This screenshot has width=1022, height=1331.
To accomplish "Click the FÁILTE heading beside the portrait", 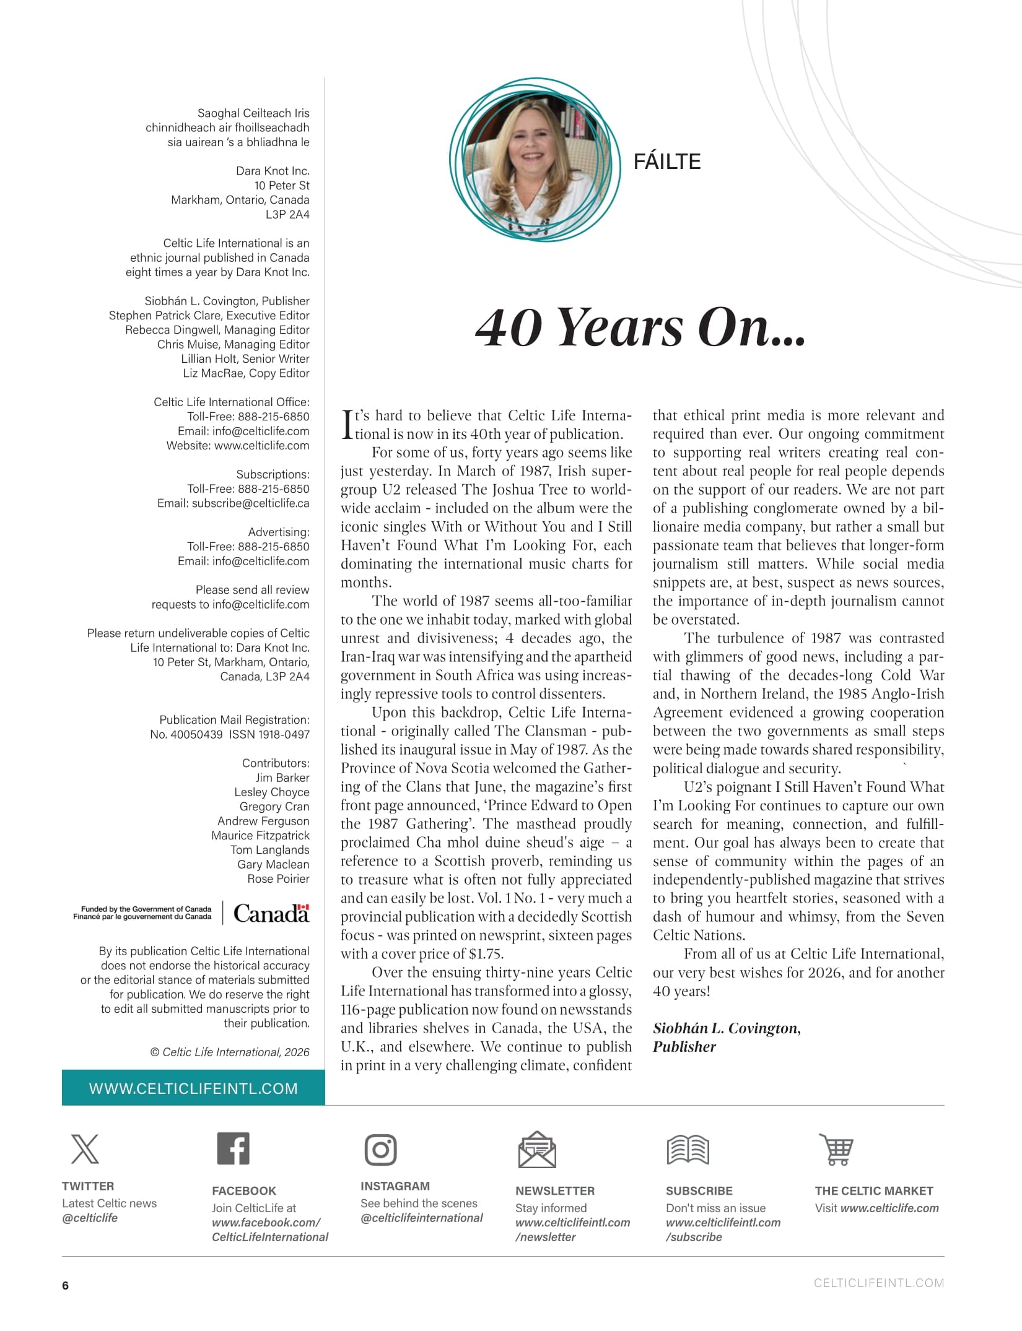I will [x=666, y=162].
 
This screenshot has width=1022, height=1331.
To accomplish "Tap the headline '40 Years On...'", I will [x=640, y=327].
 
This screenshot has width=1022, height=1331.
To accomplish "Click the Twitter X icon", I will [x=85, y=1149].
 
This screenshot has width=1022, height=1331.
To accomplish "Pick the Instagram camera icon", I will [x=380, y=1150].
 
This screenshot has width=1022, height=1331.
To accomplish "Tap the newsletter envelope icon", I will [x=536, y=1150].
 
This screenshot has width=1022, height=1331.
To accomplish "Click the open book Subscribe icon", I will [x=688, y=1150].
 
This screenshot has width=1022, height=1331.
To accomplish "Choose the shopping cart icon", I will [x=837, y=1149].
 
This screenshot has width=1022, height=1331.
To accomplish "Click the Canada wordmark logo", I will [x=271, y=913].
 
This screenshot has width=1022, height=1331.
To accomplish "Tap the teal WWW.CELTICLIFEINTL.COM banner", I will [x=193, y=1088].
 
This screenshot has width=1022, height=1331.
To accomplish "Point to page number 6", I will [x=66, y=1285].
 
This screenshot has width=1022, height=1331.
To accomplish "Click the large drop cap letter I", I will [x=347, y=424].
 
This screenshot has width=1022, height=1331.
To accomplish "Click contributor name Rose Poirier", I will [x=278, y=878].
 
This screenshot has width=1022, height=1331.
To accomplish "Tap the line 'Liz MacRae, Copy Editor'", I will [x=246, y=373].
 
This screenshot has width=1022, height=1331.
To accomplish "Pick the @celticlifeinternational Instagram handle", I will [x=421, y=1218].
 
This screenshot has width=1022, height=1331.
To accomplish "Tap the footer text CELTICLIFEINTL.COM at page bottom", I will [x=878, y=1283].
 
